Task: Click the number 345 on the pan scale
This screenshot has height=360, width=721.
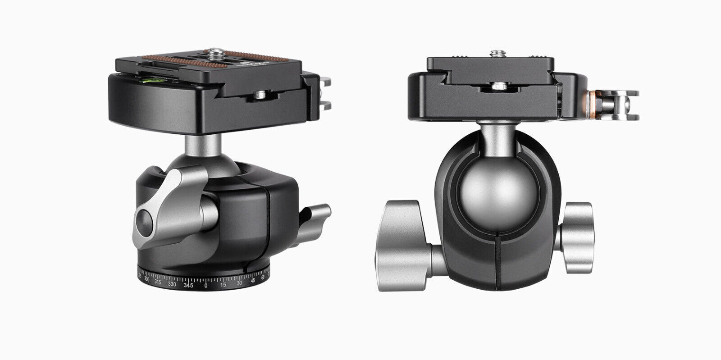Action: click(189, 285)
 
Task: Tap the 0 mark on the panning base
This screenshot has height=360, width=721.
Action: click(206, 285)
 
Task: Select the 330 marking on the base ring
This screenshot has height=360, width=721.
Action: click(172, 284)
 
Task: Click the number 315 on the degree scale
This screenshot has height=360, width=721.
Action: click(158, 282)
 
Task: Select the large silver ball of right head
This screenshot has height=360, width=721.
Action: click(489, 190)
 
